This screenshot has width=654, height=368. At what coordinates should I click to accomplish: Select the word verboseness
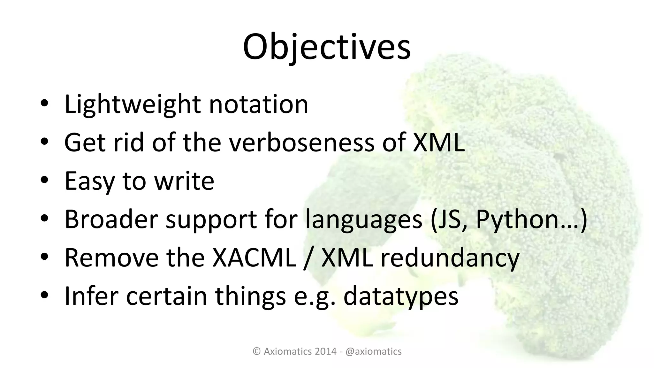(x=302, y=142)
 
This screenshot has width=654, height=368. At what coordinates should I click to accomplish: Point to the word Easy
(x=89, y=181)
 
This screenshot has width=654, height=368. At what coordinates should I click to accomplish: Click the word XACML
(x=254, y=258)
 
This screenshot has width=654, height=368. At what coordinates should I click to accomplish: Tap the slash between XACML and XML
(x=308, y=258)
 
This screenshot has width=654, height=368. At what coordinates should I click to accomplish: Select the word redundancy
(x=450, y=258)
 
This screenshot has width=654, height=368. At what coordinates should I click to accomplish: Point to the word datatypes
(x=401, y=296)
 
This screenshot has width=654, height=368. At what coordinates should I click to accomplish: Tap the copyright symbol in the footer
(x=256, y=351)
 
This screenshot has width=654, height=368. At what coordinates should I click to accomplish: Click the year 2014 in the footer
(x=326, y=351)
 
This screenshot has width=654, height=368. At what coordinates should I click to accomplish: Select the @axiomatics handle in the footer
(x=373, y=351)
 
